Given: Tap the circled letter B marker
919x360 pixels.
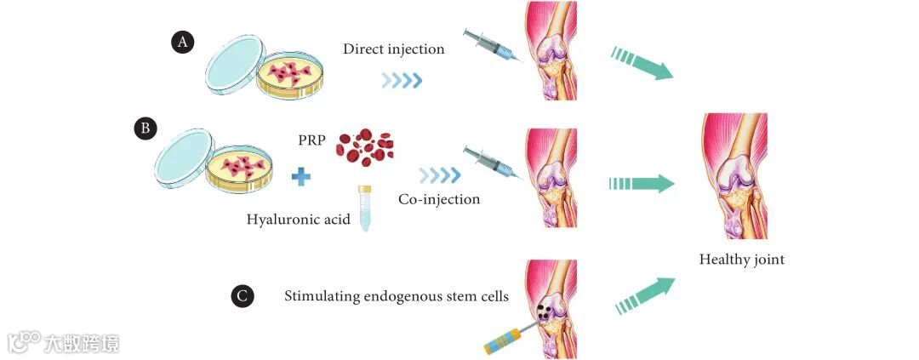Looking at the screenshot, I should click(146, 129).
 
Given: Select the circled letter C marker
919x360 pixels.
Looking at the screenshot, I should click(243, 297).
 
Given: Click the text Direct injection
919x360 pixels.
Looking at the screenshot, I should click(394, 49).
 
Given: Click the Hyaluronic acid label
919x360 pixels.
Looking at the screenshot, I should click(298, 220).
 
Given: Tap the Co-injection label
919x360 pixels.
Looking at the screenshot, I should click(439, 199).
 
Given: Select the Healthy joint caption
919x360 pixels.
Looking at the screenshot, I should click(741, 260).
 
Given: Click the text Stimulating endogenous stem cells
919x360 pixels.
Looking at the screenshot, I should click(397, 297).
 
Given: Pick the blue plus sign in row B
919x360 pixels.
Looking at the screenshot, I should click(300, 178).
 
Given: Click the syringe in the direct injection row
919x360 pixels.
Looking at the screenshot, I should click(491, 46).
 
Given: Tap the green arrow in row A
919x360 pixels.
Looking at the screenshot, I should click(642, 65).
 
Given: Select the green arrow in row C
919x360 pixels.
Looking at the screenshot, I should click(643, 294).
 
